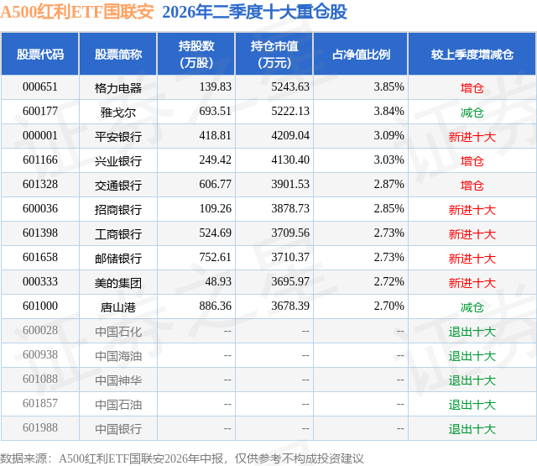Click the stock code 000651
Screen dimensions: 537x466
(40, 86)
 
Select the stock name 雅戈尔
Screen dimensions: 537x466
(118, 112)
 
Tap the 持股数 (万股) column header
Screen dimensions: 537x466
(196, 54)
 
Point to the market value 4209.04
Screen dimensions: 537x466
(290, 135)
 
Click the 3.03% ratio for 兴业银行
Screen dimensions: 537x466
(388, 160)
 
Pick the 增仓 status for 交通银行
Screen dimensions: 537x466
(472, 185)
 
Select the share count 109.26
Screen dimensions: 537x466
(215, 208)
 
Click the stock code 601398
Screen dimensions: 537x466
(40, 233)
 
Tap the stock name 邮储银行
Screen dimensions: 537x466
(118, 258)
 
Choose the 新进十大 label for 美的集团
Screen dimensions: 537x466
(472, 283)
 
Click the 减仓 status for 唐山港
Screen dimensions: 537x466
(472, 307)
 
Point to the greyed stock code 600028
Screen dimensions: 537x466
(40, 330)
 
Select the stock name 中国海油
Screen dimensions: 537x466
(118, 356)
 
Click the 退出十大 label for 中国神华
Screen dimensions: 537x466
(472, 380)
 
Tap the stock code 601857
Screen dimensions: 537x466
(40, 403)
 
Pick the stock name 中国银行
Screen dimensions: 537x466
(118, 429)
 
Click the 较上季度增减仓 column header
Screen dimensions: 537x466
(472, 54)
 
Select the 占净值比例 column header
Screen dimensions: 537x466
(361, 54)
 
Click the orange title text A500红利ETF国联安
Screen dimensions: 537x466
(77, 12)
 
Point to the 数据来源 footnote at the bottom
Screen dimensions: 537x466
(181, 458)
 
